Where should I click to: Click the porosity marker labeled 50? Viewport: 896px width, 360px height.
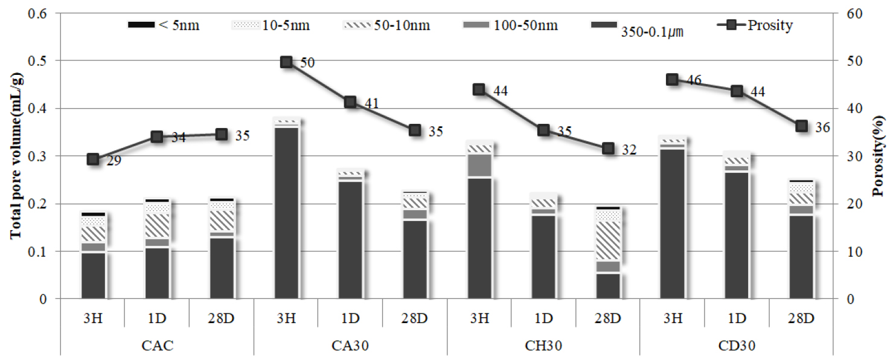click(x=286, y=62)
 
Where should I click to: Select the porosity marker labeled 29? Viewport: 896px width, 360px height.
click(x=93, y=159)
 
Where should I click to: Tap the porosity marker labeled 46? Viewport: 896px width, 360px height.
click(x=673, y=80)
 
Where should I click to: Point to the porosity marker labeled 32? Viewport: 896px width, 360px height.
click(x=608, y=148)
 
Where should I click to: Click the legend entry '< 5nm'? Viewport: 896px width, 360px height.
click(x=164, y=25)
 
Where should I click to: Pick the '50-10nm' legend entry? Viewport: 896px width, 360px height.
click(x=386, y=25)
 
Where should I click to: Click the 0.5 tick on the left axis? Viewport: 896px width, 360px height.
click(x=36, y=61)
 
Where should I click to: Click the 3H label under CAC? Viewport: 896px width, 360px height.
click(x=93, y=318)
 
